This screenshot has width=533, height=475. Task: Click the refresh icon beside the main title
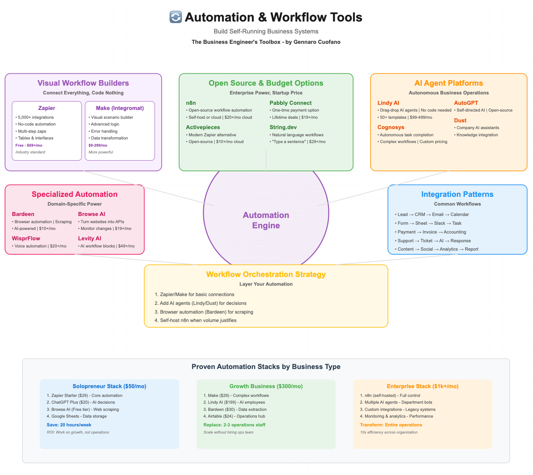(176, 17)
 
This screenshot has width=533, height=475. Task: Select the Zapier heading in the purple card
(47, 108)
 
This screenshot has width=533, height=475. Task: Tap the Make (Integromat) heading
(120, 108)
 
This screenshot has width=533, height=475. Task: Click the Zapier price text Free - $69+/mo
(29, 145)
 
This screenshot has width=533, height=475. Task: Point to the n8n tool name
(191, 103)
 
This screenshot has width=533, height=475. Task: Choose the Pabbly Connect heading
(290, 103)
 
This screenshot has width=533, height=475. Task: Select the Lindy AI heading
(388, 103)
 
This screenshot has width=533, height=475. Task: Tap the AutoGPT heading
(466, 103)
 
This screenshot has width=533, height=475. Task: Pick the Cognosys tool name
(391, 127)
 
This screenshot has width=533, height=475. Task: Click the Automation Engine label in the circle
(266, 220)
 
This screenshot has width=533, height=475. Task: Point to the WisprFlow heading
(26, 238)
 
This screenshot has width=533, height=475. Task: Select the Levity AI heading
(89, 238)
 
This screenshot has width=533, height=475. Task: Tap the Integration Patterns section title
(457, 194)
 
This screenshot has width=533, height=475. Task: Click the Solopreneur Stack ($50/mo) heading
(109, 386)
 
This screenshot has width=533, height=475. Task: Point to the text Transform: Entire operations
(391, 425)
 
